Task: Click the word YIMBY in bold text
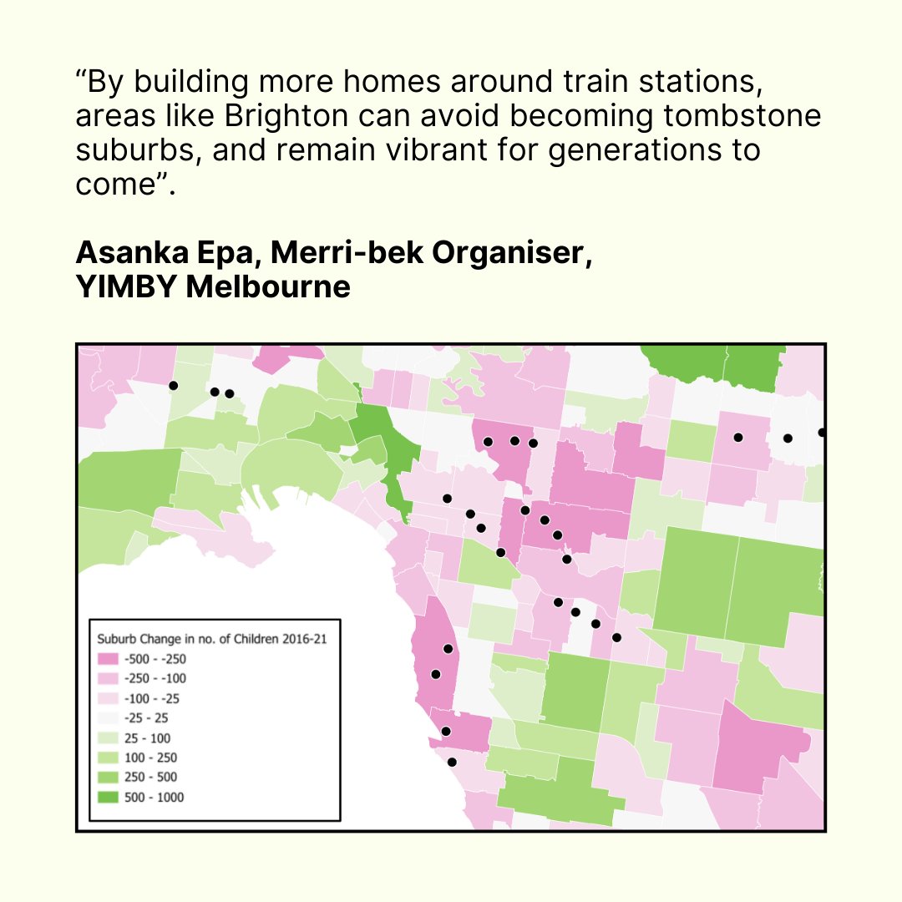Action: pos(123,287)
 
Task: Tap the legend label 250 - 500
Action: pos(150,778)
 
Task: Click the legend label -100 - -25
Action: pos(151,698)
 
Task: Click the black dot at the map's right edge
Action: pos(822,433)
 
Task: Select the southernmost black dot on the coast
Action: pos(452,762)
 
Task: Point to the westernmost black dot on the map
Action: pos(173,385)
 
